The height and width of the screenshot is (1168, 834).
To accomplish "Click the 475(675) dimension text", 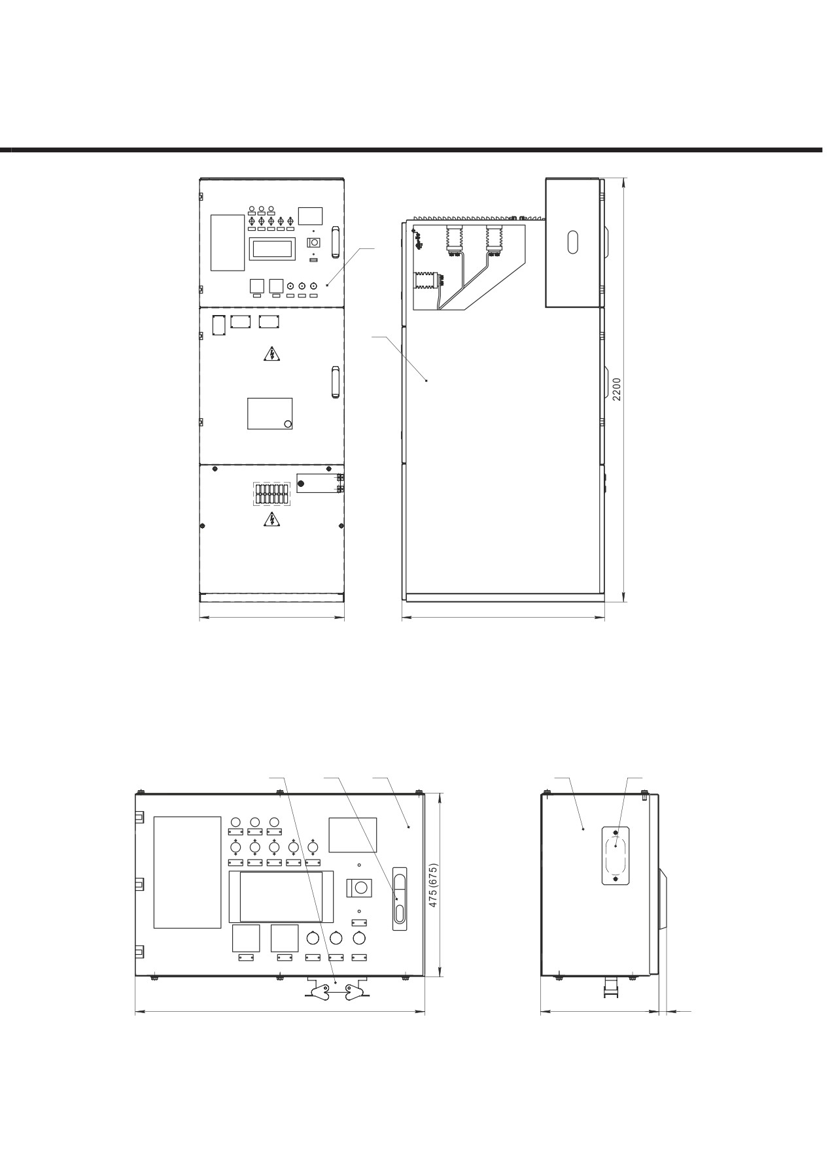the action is pos(432,885).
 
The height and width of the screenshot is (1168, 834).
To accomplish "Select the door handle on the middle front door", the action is pos(336,382).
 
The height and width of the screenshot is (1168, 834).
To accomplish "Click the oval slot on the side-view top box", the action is pos(573,242).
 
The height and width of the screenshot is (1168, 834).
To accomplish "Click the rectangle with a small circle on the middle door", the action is pos(269,413).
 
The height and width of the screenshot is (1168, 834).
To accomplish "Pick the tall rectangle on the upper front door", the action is pos(227,242).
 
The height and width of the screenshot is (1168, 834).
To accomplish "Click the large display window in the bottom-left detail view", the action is pos(281,896).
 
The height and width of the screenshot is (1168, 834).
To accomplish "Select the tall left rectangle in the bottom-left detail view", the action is pos(187,872).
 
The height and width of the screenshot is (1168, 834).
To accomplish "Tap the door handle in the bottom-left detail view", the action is pos(399,898).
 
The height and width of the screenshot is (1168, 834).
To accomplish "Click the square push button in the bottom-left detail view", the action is pos(359,888).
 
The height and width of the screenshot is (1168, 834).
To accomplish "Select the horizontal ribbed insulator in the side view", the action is pos(428,281).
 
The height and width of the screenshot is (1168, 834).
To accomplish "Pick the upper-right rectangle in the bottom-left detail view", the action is pos(353,835).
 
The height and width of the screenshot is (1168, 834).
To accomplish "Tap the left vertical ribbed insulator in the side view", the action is pos(454,239).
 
